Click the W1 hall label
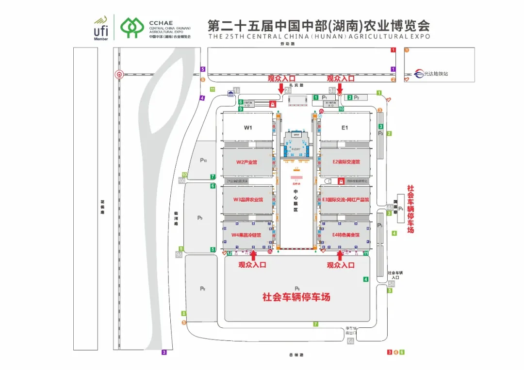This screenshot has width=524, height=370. click(x=248, y=128)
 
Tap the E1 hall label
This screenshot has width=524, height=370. click(x=345, y=128)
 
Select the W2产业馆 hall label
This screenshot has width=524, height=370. click(x=246, y=162)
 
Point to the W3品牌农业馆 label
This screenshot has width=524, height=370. click(x=248, y=199)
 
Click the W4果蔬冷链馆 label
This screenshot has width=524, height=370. click(x=246, y=235)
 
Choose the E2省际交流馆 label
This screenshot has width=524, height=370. click(x=346, y=162)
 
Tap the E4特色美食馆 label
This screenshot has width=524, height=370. click(x=346, y=235)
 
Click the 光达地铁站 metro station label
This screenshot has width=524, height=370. click(x=436, y=74)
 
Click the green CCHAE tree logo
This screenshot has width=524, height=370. click(x=132, y=28)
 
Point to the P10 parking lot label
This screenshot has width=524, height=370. click(x=203, y=161)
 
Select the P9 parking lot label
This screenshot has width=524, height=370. click(x=199, y=218)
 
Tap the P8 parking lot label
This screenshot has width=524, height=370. click(x=202, y=289)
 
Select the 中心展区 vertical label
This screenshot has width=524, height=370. click(x=295, y=200)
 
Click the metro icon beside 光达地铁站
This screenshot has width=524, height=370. click(x=418, y=74)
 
